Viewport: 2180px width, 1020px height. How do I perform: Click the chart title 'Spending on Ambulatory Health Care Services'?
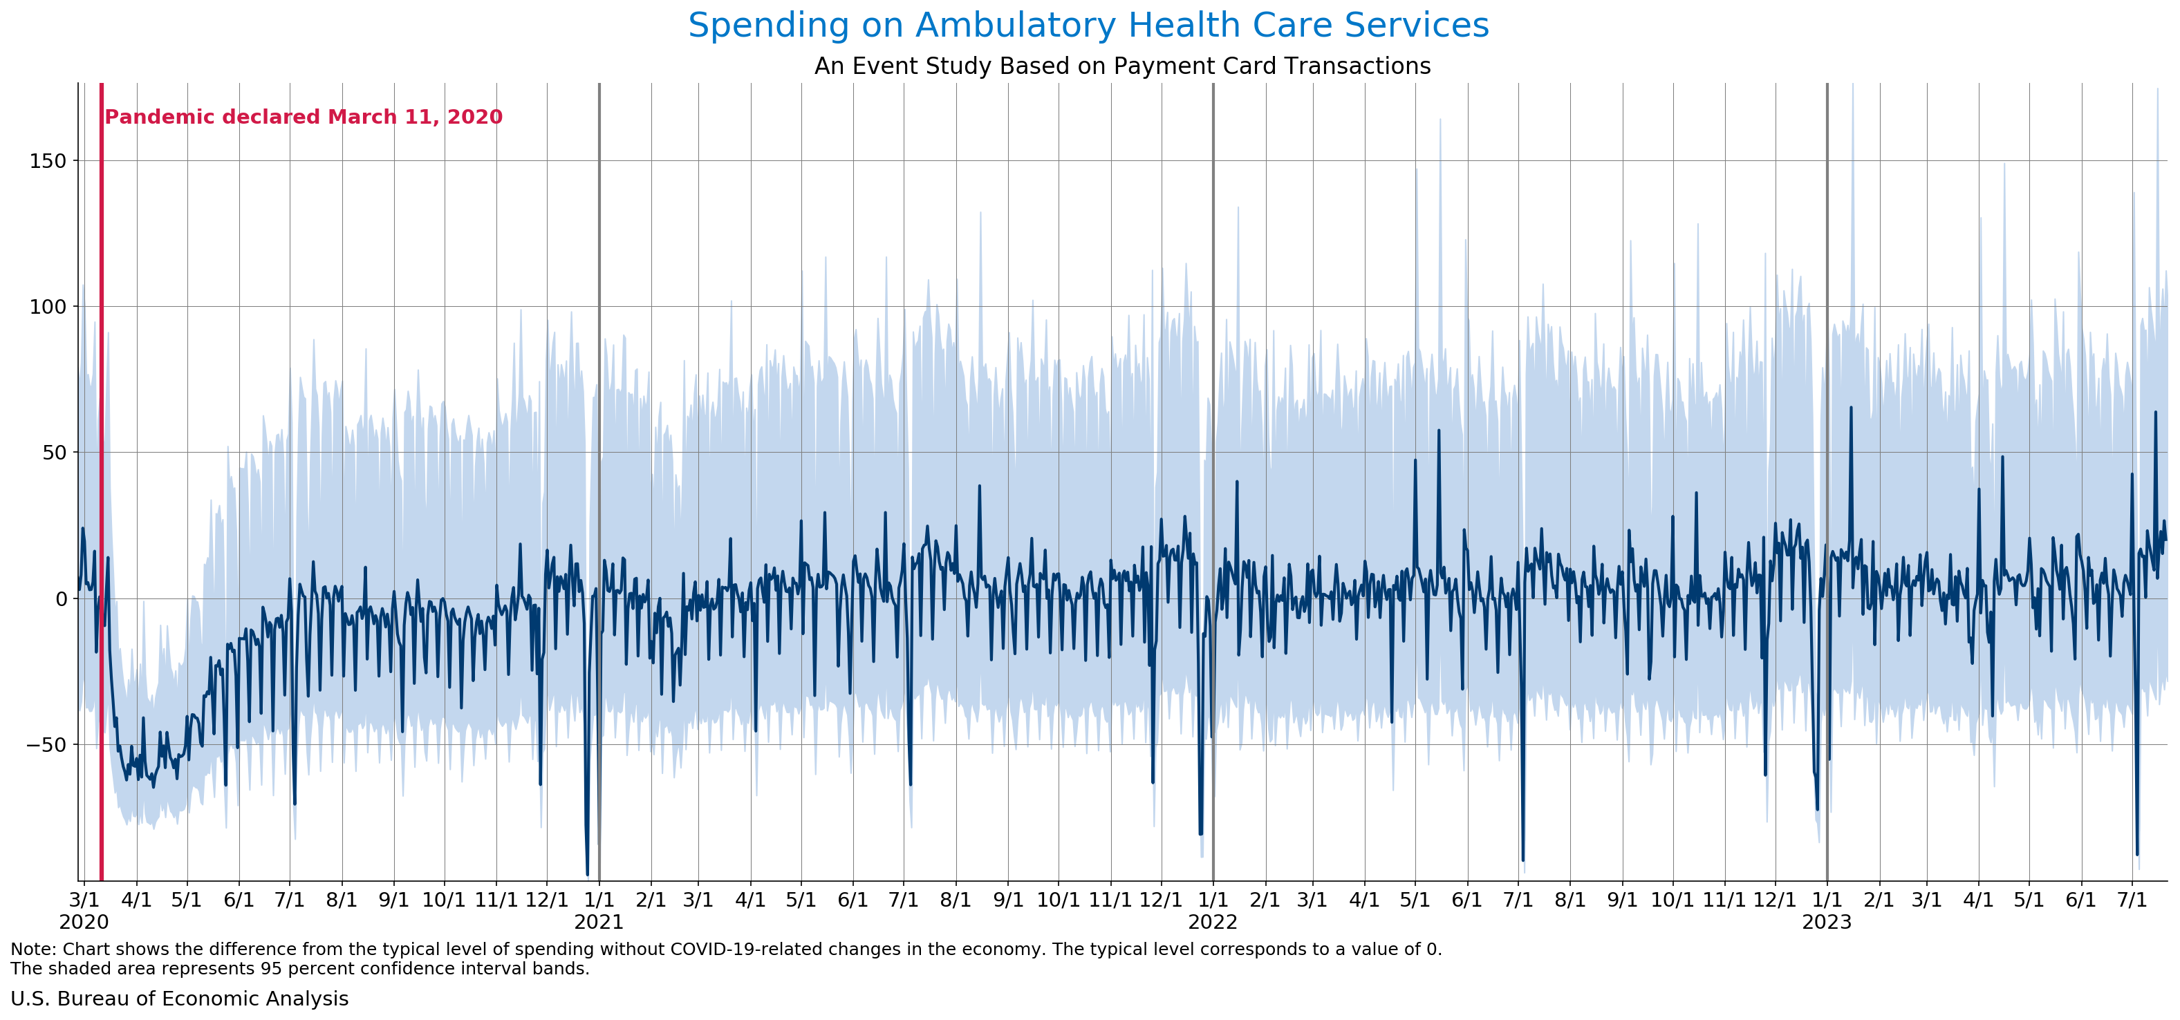(1088, 26)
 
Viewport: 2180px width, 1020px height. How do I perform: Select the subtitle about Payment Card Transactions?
(1122, 66)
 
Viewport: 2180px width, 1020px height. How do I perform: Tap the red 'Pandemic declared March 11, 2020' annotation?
(303, 117)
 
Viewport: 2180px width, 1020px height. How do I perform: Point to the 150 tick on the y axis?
(48, 161)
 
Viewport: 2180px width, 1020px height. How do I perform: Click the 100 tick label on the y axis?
(48, 306)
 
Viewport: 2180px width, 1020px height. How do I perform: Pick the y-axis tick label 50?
(53, 453)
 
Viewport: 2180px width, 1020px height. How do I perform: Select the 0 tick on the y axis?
(60, 599)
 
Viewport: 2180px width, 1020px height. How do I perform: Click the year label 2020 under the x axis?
(83, 922)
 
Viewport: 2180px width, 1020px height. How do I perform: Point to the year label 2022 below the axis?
(1213, 922)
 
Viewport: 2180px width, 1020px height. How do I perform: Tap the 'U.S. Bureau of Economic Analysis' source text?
(179, 999)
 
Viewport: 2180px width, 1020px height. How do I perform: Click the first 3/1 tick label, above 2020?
(83, 899)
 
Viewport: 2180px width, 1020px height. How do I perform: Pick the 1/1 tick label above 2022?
(1213, 899)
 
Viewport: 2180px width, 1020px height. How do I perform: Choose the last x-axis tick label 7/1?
(2132, 899)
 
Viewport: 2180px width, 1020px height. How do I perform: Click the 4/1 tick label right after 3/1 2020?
(136, 899)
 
